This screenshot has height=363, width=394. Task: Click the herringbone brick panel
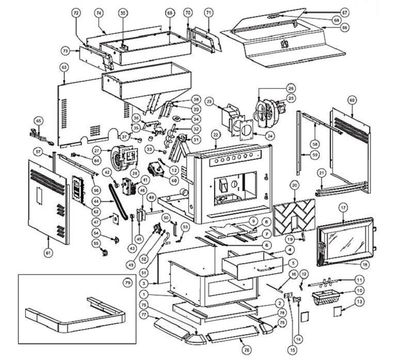point(294,215)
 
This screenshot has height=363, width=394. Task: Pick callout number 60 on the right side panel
point(352,100)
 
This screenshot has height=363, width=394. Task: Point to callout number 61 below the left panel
point(48,253)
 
